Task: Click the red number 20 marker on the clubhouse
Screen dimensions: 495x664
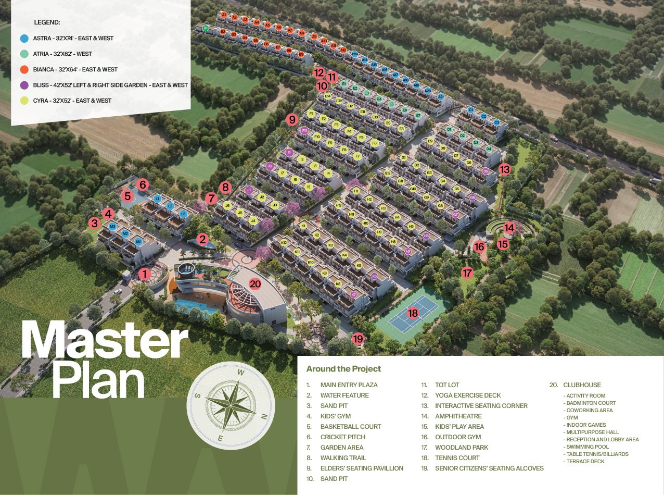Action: coord(255,284)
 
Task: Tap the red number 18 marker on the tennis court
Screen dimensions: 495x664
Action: coord(413,313)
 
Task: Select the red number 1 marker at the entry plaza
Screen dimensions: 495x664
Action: coord(145,274)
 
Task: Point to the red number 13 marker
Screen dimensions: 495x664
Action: coord(504,169)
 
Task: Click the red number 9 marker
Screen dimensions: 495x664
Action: coord(292,119)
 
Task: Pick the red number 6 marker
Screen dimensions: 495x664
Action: coord(143,184)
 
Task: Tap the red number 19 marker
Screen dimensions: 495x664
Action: coord(358,339)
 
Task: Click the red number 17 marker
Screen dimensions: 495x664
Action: coord(467,273)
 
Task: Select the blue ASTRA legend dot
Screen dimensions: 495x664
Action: coord(24,38)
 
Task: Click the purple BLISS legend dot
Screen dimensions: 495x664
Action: coord(24,85)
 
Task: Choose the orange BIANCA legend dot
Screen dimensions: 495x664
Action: coord(24,69)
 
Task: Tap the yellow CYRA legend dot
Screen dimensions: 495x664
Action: coord(24,101)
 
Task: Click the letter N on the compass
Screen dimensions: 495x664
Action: coord(264,416)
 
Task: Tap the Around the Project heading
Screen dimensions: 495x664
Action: coord(343,369)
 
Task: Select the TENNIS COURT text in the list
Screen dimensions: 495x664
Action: coord(457,458)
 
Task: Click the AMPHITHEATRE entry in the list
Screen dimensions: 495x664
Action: coord(458,416)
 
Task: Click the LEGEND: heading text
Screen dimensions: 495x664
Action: coord(47,22)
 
